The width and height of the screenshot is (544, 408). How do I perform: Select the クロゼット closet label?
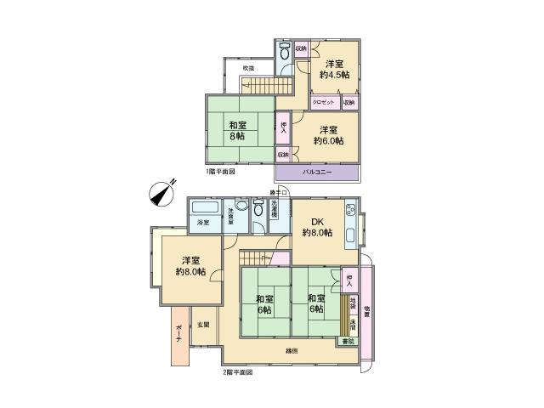point(323,102)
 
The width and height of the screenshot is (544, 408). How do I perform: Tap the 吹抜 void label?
point(248,67)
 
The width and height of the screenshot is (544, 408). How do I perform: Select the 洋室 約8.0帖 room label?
point(190,266)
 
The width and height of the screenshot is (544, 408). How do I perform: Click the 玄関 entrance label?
point(204,324)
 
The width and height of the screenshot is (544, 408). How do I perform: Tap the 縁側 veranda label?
point(291,349)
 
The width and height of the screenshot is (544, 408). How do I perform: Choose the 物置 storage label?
point(366,314)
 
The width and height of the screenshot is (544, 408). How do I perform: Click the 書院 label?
point(346,341)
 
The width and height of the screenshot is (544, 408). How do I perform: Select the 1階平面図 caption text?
point(219,171)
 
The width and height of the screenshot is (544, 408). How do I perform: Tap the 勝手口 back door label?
point(280,192)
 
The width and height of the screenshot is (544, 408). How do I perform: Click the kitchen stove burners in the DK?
point(349,212)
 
